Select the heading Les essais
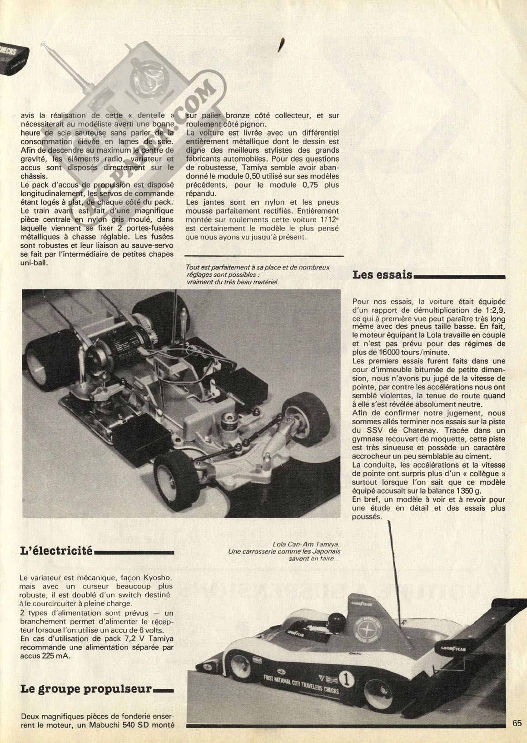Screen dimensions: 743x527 (383, 275)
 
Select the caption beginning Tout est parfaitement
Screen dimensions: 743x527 (258, 268)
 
